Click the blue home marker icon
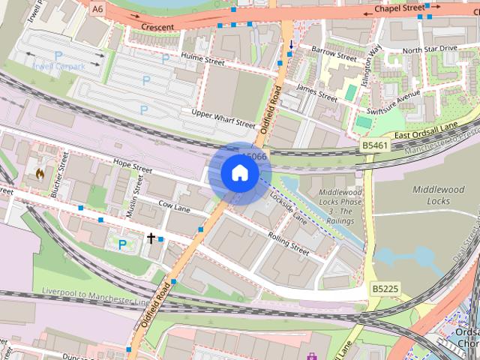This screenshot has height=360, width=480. tap(238, 172)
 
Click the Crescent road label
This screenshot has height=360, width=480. tap(157, 27)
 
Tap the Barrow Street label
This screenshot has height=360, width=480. tap(335, 54)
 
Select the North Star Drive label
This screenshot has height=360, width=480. tap(429, 49)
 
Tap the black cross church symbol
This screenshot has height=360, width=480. tap(151, 238)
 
